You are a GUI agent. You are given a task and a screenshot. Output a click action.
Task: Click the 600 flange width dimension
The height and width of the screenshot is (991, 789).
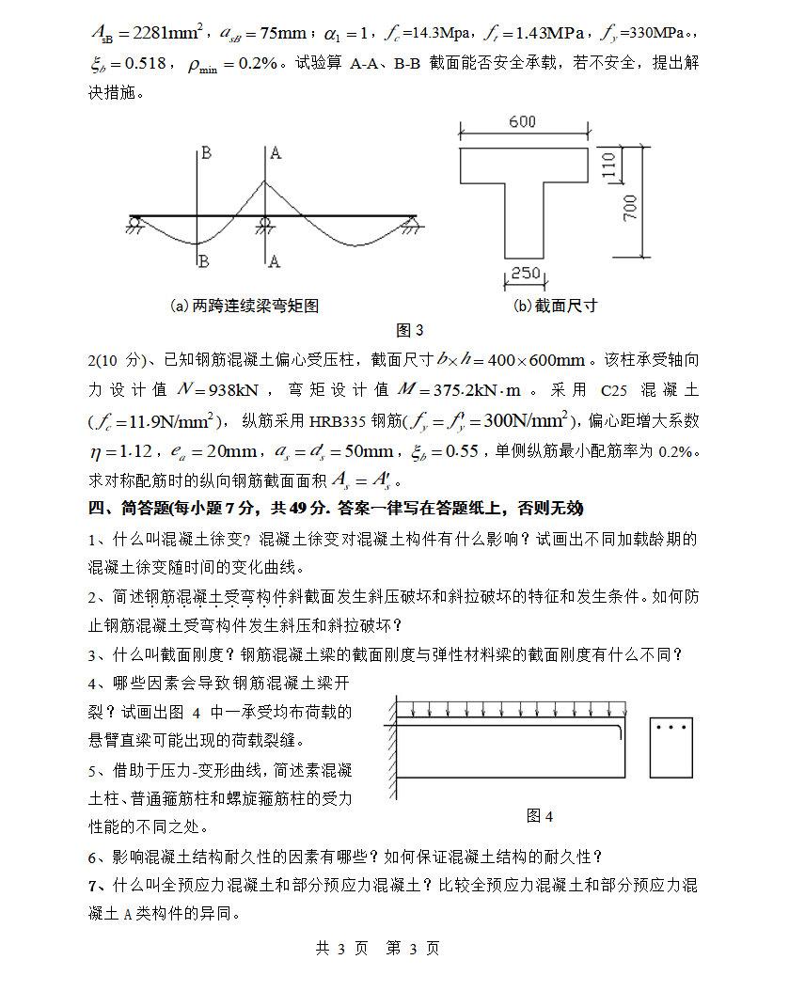click(x=523, y=122)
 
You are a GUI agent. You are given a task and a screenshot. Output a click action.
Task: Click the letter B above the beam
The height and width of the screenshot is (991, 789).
click(x=205, y=152)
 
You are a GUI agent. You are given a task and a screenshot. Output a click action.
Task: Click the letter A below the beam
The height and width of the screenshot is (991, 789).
click(x=274, y=260)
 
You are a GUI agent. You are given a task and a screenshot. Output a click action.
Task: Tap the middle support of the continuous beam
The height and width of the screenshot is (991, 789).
click(x=265, y=223)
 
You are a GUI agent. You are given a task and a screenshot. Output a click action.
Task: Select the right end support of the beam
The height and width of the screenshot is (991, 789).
click(x=410, y=223)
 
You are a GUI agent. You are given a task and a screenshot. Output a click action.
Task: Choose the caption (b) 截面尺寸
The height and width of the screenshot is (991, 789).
click(x=555, y=306)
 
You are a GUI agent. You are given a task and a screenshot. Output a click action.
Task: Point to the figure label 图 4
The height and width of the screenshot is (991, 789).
click(x=540, y=815)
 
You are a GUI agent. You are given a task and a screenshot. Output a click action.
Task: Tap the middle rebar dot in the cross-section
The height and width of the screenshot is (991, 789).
click(x=672, y=727)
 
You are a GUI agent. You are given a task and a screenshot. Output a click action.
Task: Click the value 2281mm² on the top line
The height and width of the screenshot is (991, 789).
click(x=150, y=34)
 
